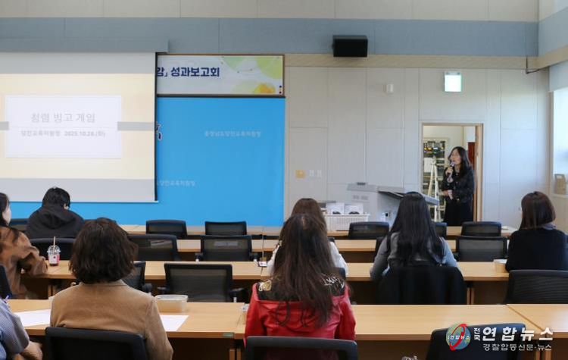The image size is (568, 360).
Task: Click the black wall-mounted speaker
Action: [350, 46]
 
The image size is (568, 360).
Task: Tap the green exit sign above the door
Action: [453, 82]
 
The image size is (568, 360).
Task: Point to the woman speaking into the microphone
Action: [458, 186]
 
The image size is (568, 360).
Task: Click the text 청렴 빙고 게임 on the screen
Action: [63, 117]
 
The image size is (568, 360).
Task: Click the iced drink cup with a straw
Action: [54, 253]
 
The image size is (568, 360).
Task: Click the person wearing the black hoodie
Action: [55, 215]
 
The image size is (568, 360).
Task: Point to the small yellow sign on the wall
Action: [301, 174]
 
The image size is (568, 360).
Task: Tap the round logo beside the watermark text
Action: [459, 336]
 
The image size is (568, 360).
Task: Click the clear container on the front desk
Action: [171, 302]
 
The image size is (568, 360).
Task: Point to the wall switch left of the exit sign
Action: [389, 88]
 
